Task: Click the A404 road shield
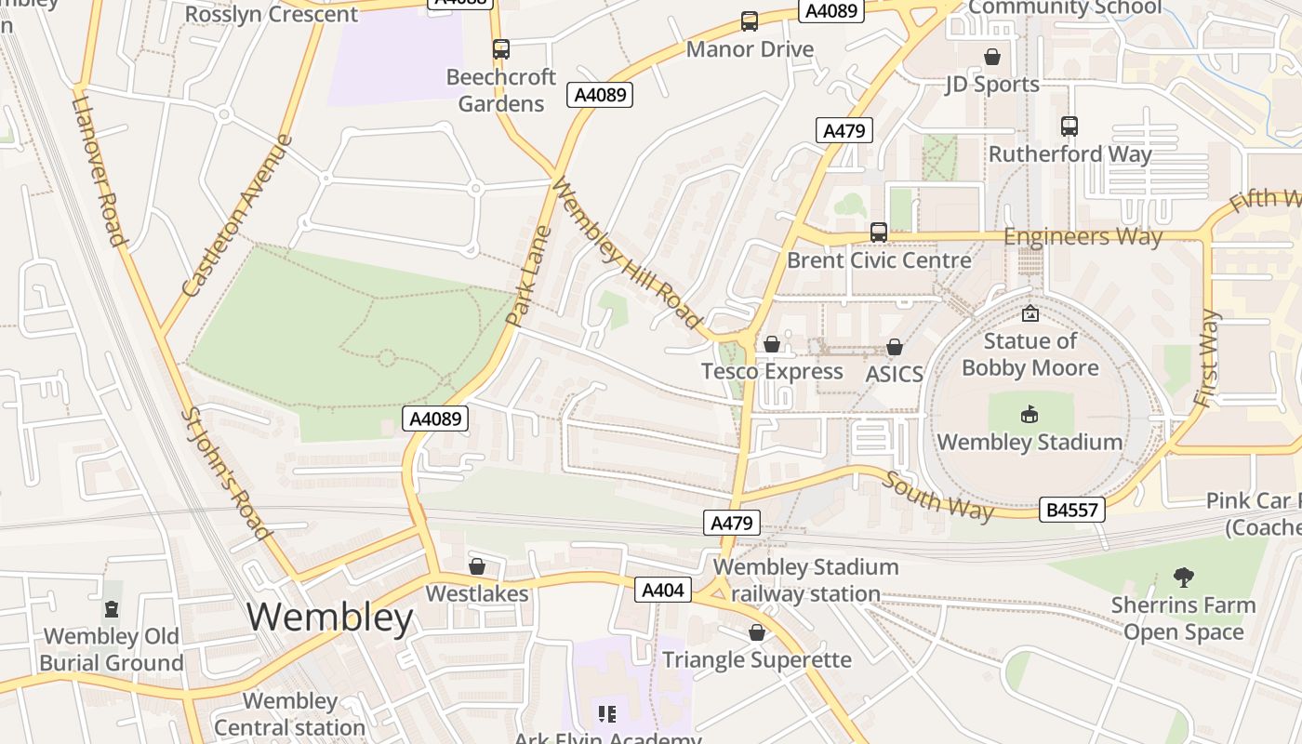[x=663, y=590]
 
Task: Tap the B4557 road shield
[x=1073, y=510]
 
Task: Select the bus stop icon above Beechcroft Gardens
[x=501, y=49]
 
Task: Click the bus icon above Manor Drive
[x=749, y=21]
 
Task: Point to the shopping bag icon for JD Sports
[x=992, y=57]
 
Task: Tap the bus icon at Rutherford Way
[x=1069, y=126]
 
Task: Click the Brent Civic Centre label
[x=879, y=260]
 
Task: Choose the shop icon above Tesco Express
[x=771, y=345]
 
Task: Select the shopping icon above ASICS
[x=895, y=348]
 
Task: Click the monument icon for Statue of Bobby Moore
[x=1030, y=314]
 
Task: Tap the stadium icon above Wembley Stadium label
[x=1030, y=415]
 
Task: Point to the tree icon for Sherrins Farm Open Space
[x=1183, y=578]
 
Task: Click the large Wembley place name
[x=330, y=618]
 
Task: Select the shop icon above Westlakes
[x=477, y=566]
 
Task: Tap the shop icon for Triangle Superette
[x=757, y=633]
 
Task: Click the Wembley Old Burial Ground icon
[x=112, y=610]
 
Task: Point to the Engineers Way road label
[x=1083, y=236]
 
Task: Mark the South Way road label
[x=937, y=497]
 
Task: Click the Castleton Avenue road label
[x=238, y=217]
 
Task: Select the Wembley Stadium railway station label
[x=805, y=580]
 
